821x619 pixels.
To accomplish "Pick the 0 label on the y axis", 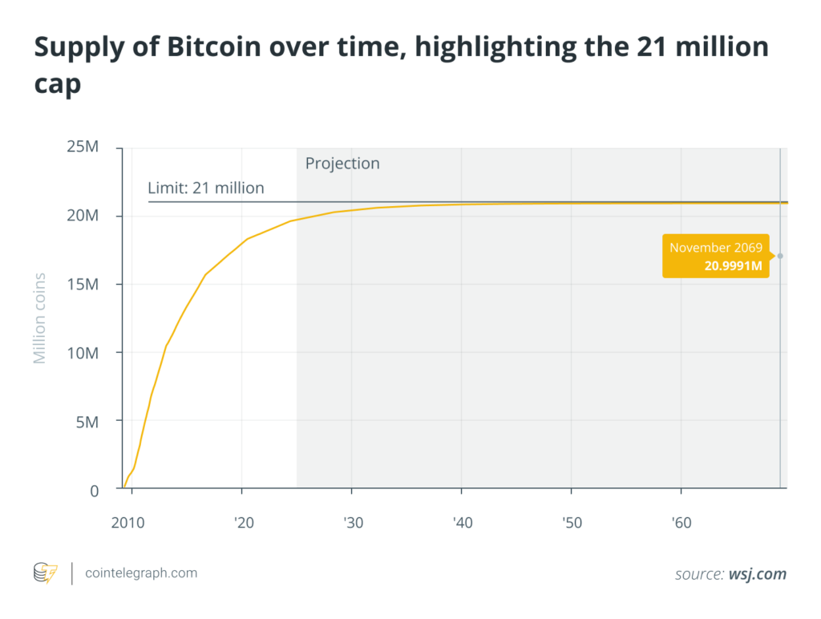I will (x=94, y=489).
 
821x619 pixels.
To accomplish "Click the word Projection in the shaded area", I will (x=342, y=164).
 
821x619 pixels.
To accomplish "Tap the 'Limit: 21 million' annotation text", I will (x=206, y=188).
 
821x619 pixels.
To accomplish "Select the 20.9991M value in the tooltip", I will (x=733, y=265).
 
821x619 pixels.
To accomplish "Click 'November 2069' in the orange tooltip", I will (x=716, y=248).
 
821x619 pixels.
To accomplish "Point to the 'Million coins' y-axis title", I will (x=39, y=318).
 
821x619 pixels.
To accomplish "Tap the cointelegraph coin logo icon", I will (x=45, y=573).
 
